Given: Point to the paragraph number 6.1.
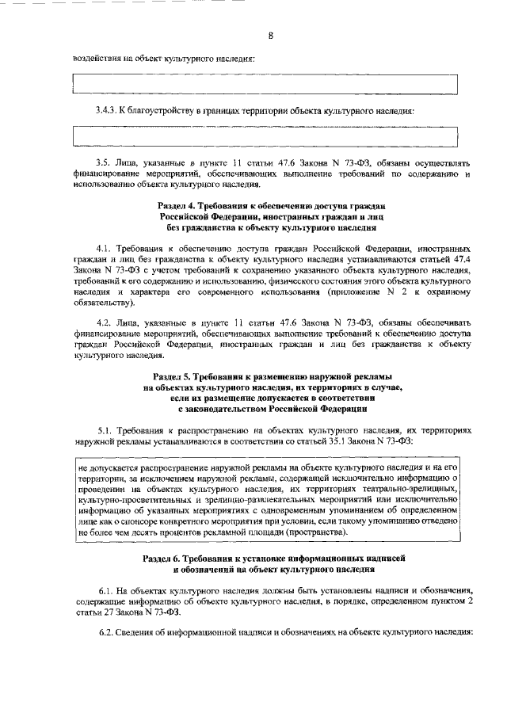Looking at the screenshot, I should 107,590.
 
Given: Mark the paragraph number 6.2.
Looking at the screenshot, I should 107,632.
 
